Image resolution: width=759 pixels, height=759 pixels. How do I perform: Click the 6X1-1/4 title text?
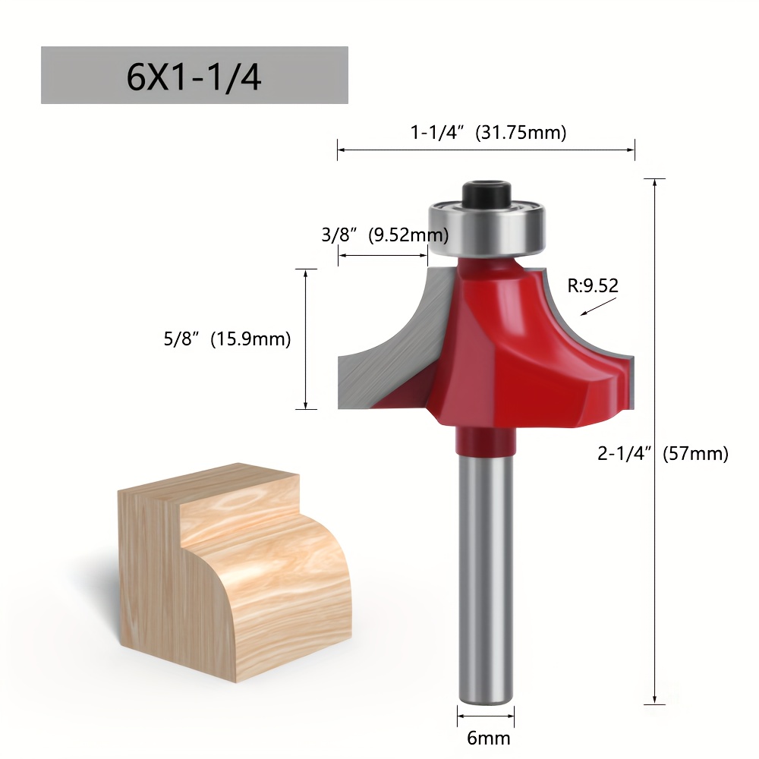tap(194, 77)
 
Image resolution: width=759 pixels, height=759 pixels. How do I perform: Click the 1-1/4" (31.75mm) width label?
tap(488, 133)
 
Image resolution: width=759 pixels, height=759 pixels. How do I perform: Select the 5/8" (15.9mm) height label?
tap(228, 339)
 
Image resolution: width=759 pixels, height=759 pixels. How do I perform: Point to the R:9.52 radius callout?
tap(593, 285)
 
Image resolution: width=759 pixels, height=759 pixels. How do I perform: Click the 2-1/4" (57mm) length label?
tap(663, 454)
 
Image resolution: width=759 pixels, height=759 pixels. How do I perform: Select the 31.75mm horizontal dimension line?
tap(486, 150)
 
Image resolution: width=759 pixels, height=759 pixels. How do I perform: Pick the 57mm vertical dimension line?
tap(654, 440)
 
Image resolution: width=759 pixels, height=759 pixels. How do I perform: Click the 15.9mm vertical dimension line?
tap(305, 339)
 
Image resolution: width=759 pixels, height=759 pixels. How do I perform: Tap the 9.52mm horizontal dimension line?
tap(383, 256)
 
